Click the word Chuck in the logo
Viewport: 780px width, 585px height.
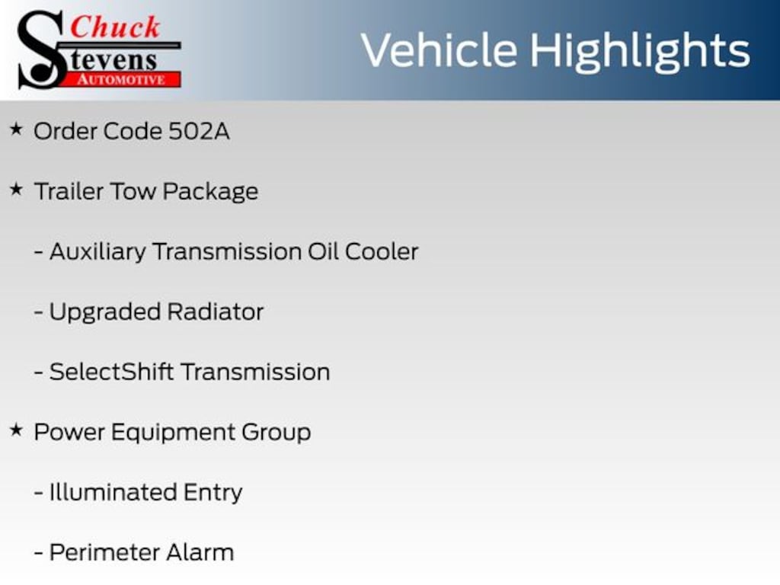tap(116, 27)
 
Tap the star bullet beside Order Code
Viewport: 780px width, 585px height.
tap(16, 129)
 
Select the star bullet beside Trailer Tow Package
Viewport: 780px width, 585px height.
tap(16, 190)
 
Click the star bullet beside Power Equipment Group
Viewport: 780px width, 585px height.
tap(16, 430)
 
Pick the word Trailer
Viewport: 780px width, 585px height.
tap(69, 191)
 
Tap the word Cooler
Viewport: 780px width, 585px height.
tap(382, 251)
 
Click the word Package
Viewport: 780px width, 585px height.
tap(210, 192)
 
